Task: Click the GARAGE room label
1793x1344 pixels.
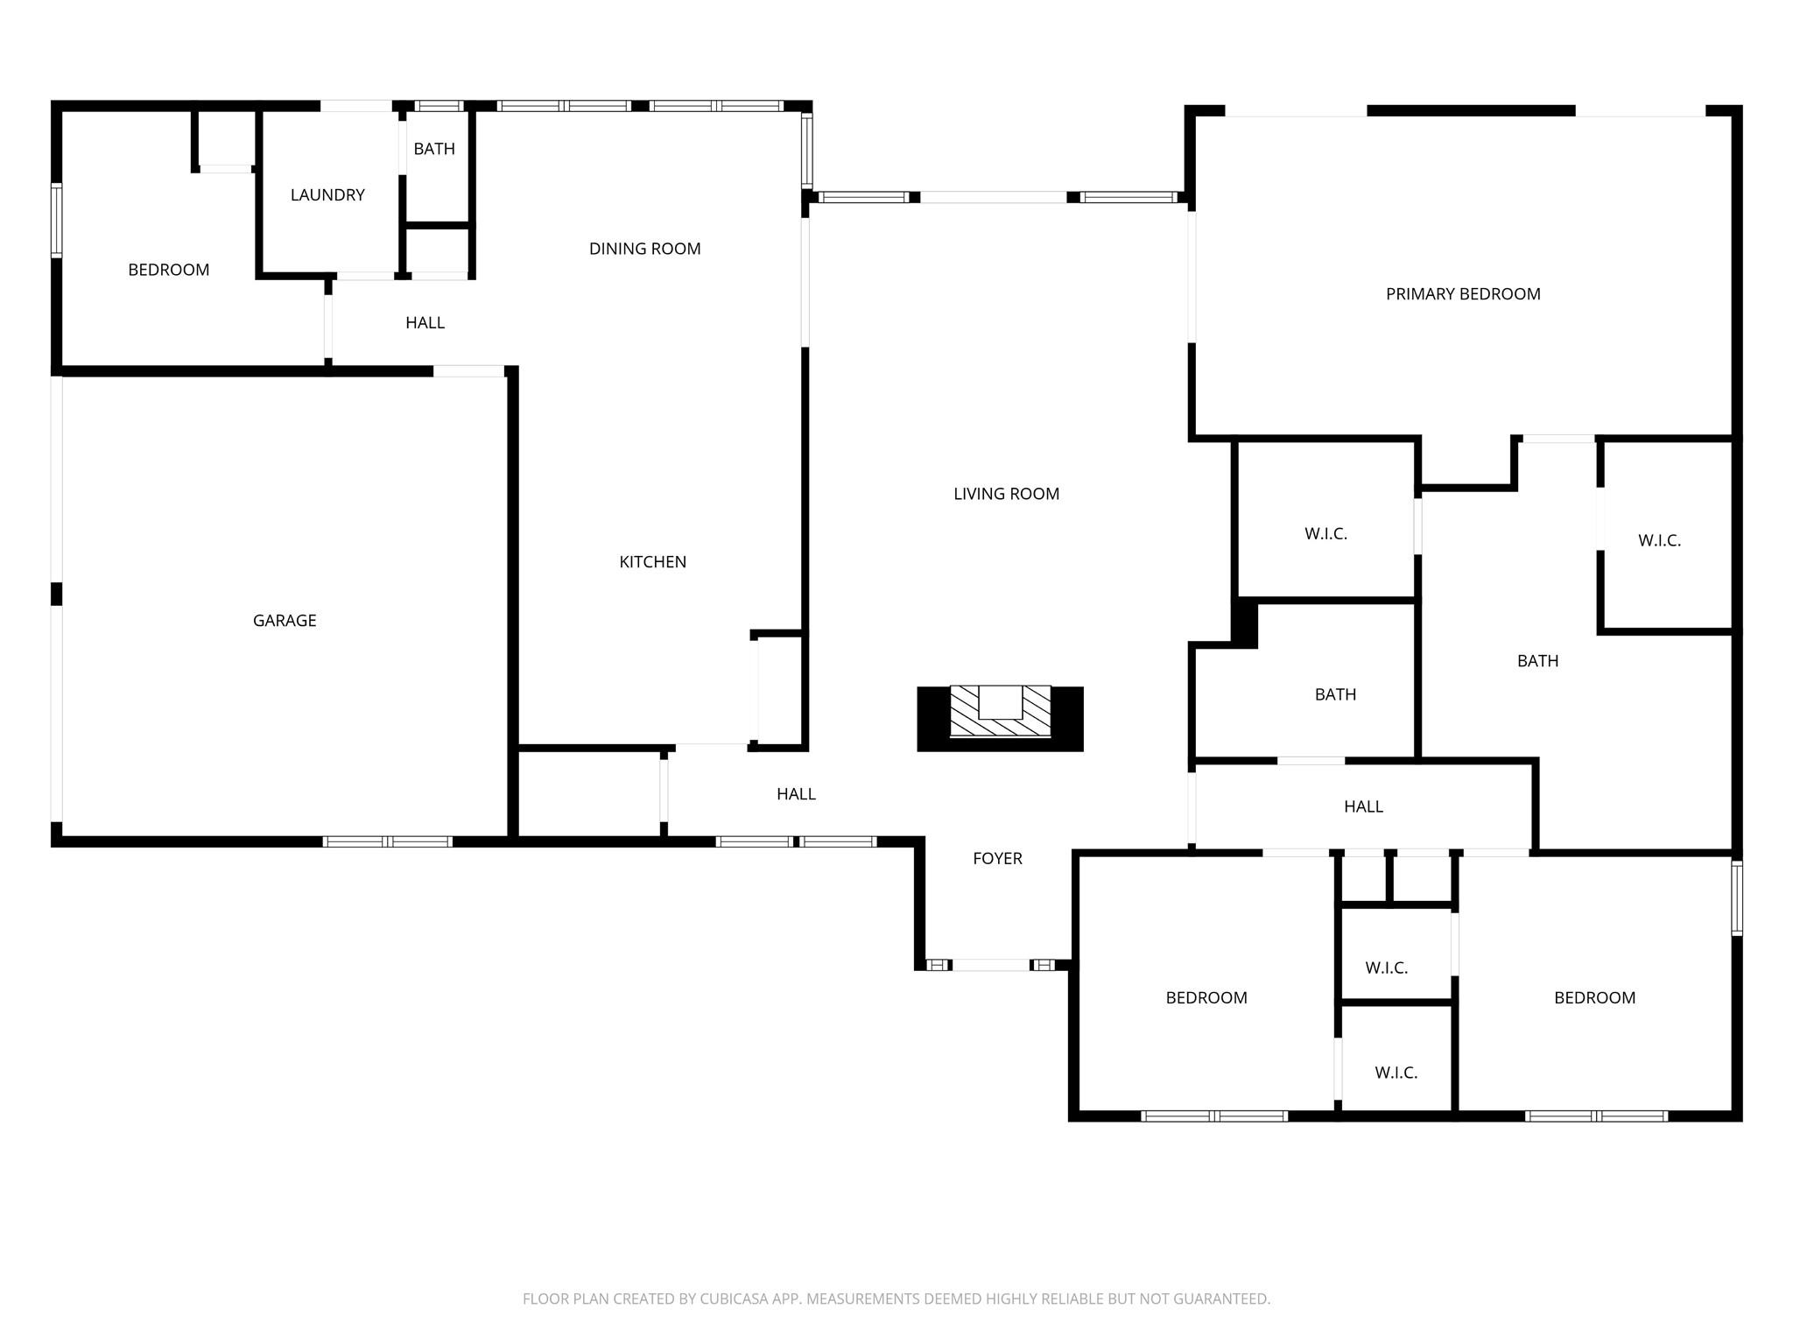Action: pos(285,621)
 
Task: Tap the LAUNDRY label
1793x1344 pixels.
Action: pos(327,195)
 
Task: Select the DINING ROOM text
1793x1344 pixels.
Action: pos(644,249)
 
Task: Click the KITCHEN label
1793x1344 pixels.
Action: pos(652,562)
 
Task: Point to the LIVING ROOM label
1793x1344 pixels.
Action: pos(1006,494)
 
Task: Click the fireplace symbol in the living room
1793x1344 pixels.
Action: pos(1000,718)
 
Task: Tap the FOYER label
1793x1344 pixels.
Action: pos(997,859)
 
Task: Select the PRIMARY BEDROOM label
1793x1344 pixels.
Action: pos(1463,294)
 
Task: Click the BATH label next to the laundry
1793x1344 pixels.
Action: pos(434,149)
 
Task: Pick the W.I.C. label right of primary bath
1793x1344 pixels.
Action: pos(1659,541)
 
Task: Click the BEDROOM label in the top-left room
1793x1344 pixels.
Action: pos(169,270)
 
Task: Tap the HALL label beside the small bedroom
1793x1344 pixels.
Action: pos(425,323)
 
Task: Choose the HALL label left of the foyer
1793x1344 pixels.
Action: pos(796,794)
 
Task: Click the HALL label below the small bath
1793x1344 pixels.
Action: pos(1363,806)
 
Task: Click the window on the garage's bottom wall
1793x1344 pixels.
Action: pos(387,841)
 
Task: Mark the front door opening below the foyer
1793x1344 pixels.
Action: pos(991,965)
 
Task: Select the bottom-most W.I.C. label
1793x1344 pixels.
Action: pos(1396,1073)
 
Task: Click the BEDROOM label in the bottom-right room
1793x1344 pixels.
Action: pos(1594,998)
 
